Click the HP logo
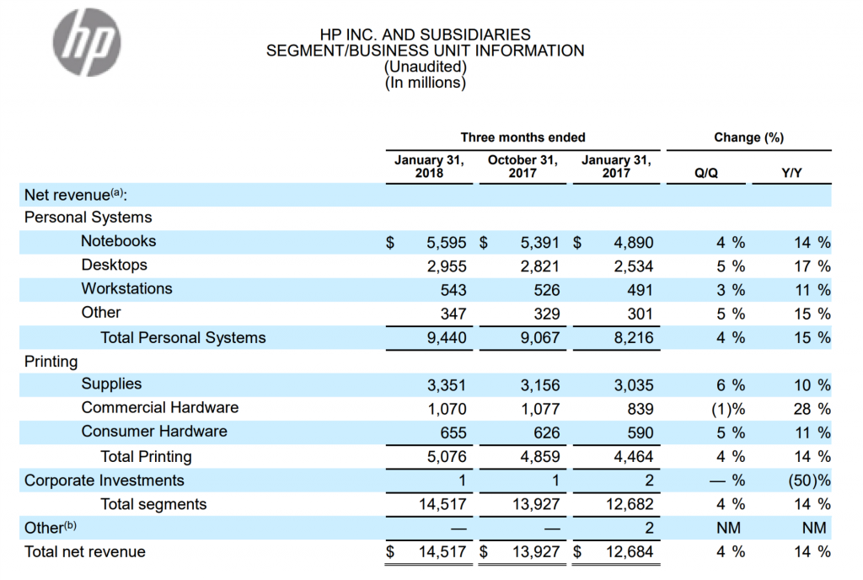pos(87,42)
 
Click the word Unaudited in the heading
pos(426,67)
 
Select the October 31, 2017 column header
pos(523,166)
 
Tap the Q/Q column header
pos(705,173)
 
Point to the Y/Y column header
pos(791,173)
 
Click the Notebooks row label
pos(118,241)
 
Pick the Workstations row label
pos(126,288)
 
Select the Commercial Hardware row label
pos(159,407)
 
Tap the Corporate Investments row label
pos(104,481)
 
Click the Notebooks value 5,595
pos(447,243)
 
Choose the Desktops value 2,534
pos(634,266)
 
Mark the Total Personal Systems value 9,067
pos(540,337)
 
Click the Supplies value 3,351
pos(447,385)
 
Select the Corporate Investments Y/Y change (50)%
pos(809,481)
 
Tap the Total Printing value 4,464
pos(634,456)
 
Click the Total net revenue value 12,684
pos(630,551)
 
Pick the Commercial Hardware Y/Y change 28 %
pos(812,409)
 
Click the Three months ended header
pos(523,137)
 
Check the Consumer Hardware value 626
pos(546,432)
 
